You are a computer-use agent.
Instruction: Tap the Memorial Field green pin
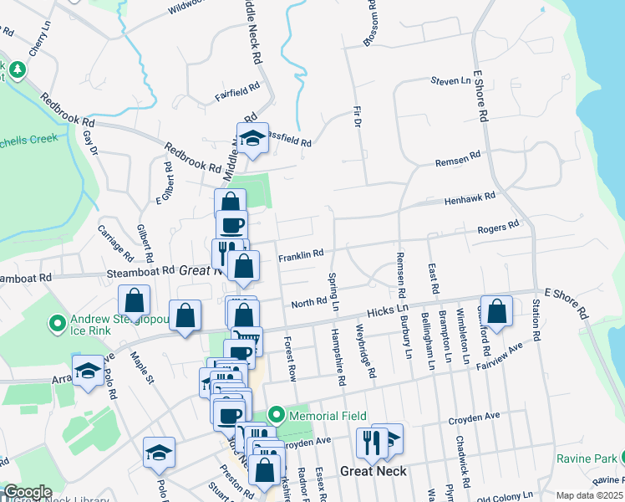tap(276, 415)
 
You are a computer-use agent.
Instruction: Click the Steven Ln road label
tap(451, 81)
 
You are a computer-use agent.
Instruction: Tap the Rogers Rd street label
tap(498, 227)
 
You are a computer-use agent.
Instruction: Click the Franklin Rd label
tap(300, 254)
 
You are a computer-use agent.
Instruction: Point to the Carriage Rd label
tap(114, 240)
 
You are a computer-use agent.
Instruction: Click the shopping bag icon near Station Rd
tap(496, 310)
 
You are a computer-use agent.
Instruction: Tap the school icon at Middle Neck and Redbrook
tap(251, 140)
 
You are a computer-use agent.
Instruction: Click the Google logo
tap(28, 492)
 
